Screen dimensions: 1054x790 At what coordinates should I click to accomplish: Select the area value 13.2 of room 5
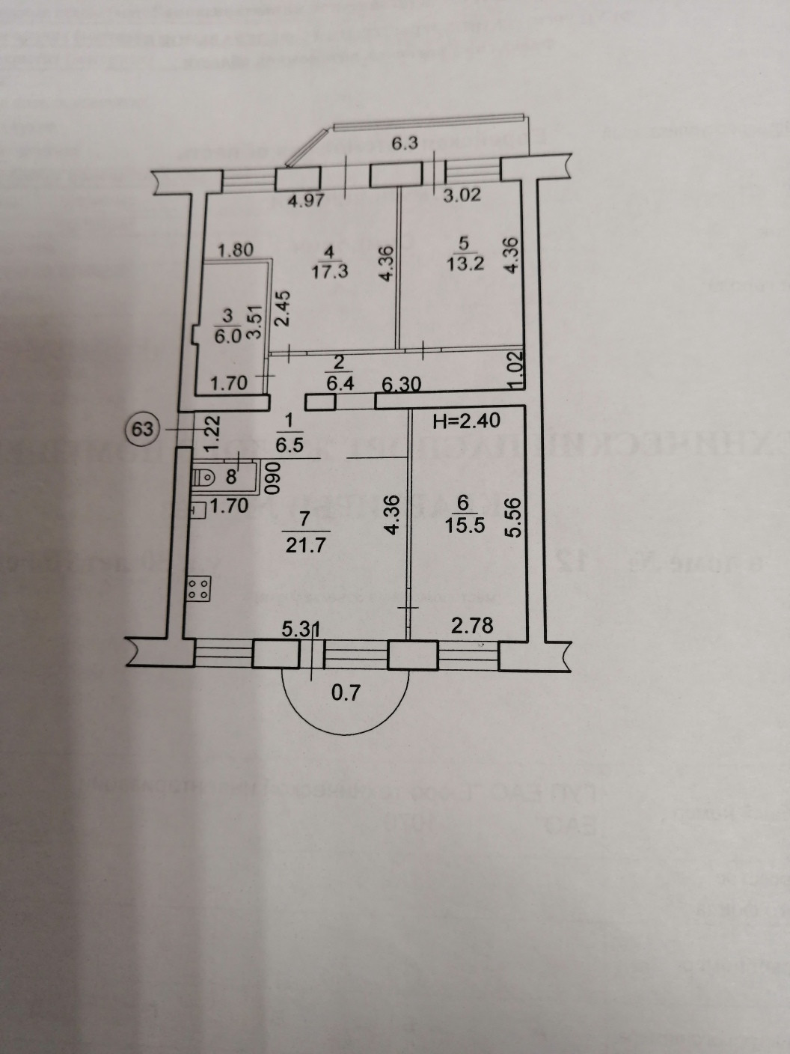click(x=462, y=266)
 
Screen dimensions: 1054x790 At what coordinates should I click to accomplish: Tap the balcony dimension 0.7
click(x=346, y=692)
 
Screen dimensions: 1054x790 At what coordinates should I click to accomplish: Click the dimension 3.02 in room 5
click(x=461, y=196)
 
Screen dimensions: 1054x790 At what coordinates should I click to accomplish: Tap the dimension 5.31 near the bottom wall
click(x=301, y=631)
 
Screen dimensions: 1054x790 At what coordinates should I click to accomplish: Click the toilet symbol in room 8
click(x=202, y=475)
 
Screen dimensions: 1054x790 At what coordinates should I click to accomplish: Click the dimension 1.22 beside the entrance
click(x=210, y=433)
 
